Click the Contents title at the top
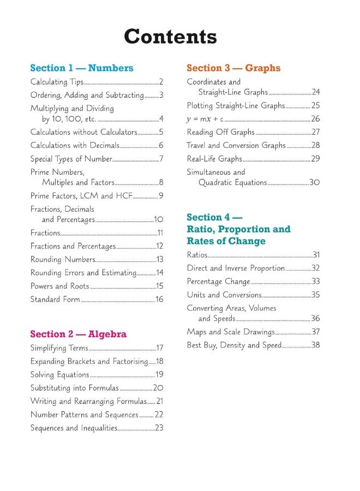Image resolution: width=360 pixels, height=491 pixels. click(170, 37)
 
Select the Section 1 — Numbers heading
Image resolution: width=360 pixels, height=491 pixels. click(81, 68)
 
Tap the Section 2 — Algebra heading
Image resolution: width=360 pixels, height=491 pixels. click(78, 334)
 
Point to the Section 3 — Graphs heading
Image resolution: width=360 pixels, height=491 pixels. click(233, 68)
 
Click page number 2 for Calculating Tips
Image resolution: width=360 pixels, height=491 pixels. click(161, 82)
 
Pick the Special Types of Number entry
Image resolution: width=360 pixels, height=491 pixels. click(71, 159)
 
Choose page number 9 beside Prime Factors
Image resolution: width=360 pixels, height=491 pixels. click(161, 195)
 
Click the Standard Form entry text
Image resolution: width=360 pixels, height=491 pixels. click(55, 299)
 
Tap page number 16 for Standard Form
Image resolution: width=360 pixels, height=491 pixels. click(159, 299)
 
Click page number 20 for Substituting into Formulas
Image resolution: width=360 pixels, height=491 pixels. click(158, 388)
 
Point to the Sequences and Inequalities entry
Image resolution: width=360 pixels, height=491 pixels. click(74, 428)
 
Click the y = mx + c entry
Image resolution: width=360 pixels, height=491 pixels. click(205, 118)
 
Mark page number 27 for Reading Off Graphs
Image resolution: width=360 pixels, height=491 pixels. click(315, 132)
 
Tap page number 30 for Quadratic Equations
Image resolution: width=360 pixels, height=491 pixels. click(315, 183)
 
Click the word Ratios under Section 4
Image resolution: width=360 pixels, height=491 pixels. click(197, 255)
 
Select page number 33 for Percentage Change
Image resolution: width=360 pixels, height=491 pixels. click(315, 282)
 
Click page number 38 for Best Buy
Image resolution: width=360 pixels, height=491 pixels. click(315, 345)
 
